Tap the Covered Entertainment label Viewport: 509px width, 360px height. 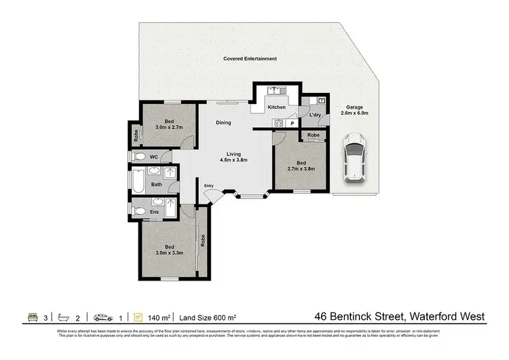click(x=250, y=59)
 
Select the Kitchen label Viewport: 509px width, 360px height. click(x=276, y=107)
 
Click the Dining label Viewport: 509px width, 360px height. click(x=223, y=123)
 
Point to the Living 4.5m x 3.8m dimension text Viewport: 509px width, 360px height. click(x=233, y=157)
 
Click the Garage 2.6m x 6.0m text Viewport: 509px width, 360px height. click(x=354, y=110)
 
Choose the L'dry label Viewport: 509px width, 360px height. click(x=315, y=115)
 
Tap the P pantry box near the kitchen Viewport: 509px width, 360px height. click(x=292, y=124)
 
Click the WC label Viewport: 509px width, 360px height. click(x=154, y=157)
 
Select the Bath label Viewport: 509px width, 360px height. click(x=156, y=184)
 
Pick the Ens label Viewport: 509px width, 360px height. click(x=155, y=212)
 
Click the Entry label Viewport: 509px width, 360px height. click(x=208, y=187)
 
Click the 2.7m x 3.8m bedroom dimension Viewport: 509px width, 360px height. click(x=301, y=168)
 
